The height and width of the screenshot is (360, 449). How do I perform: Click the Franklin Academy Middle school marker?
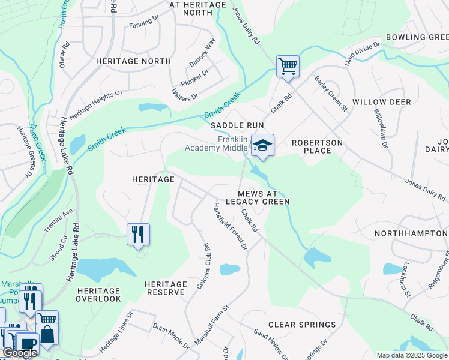point(262,146)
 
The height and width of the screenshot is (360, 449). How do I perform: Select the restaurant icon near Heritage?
point(138,234)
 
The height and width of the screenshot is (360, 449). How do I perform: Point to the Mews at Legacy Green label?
point(264,197)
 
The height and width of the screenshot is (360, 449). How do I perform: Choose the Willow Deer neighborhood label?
point(382,102)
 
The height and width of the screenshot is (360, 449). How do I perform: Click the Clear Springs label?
point(302,325)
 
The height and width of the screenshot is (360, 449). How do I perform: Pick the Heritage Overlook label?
point(99,294)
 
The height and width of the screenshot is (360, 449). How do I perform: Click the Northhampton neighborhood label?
point(411,233)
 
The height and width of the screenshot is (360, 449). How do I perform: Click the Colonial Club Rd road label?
point(202,266)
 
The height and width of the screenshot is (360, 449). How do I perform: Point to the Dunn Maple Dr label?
point(170,335)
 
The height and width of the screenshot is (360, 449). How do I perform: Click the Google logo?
point(20,353)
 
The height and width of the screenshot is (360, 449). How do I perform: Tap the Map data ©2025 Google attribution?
point(412,355)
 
